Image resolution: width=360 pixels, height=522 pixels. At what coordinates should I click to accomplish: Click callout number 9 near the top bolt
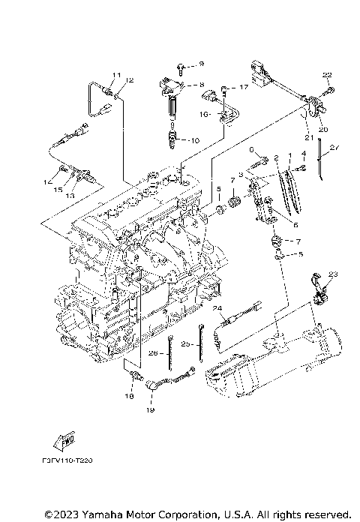pos(202,65)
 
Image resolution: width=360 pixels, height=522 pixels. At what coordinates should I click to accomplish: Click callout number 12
pos(130,80)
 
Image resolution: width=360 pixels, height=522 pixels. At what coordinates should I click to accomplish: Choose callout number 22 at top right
pos(326,74)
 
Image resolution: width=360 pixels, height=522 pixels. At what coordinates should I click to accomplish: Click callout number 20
pos(323,129)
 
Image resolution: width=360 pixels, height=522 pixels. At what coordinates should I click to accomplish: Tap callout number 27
pos(334,148)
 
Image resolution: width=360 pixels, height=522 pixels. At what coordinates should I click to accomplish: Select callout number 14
pos(49,181)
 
